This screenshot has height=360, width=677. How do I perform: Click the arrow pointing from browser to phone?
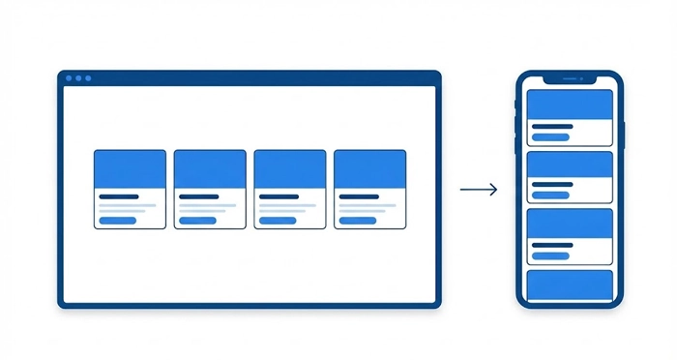479,190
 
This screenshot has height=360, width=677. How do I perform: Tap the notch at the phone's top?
569,78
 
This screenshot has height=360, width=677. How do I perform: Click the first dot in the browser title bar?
69,77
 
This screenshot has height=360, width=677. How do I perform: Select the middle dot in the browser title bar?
78,77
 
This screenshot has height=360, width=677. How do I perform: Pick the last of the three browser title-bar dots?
88,77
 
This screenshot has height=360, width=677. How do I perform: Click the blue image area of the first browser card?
130,168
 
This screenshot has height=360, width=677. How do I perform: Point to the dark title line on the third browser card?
279,196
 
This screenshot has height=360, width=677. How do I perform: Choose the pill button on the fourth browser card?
359,221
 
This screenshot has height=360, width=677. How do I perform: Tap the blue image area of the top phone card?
569,105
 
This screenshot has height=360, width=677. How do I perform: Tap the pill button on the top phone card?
551,137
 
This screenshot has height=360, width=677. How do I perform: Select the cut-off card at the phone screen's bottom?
569,285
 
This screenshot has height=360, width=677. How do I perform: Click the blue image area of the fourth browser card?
369,168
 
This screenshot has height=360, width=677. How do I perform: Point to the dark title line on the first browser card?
118,196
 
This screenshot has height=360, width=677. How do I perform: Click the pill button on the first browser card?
118,221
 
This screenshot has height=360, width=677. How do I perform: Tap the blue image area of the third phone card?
569,224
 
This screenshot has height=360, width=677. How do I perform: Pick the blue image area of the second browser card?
210,168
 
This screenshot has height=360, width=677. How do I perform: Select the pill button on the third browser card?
279,221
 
